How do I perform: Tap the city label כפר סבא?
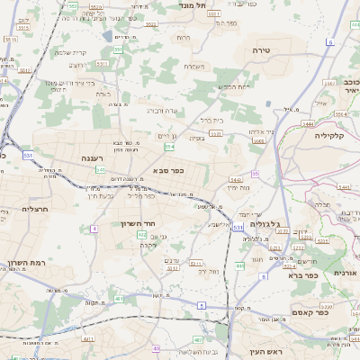pyautogui.click(x=170, y=169)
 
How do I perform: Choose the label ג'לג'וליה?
pyautogui.click(x=264, y=223)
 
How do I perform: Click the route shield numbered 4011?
pyautogui.click(x=87, y=339)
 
